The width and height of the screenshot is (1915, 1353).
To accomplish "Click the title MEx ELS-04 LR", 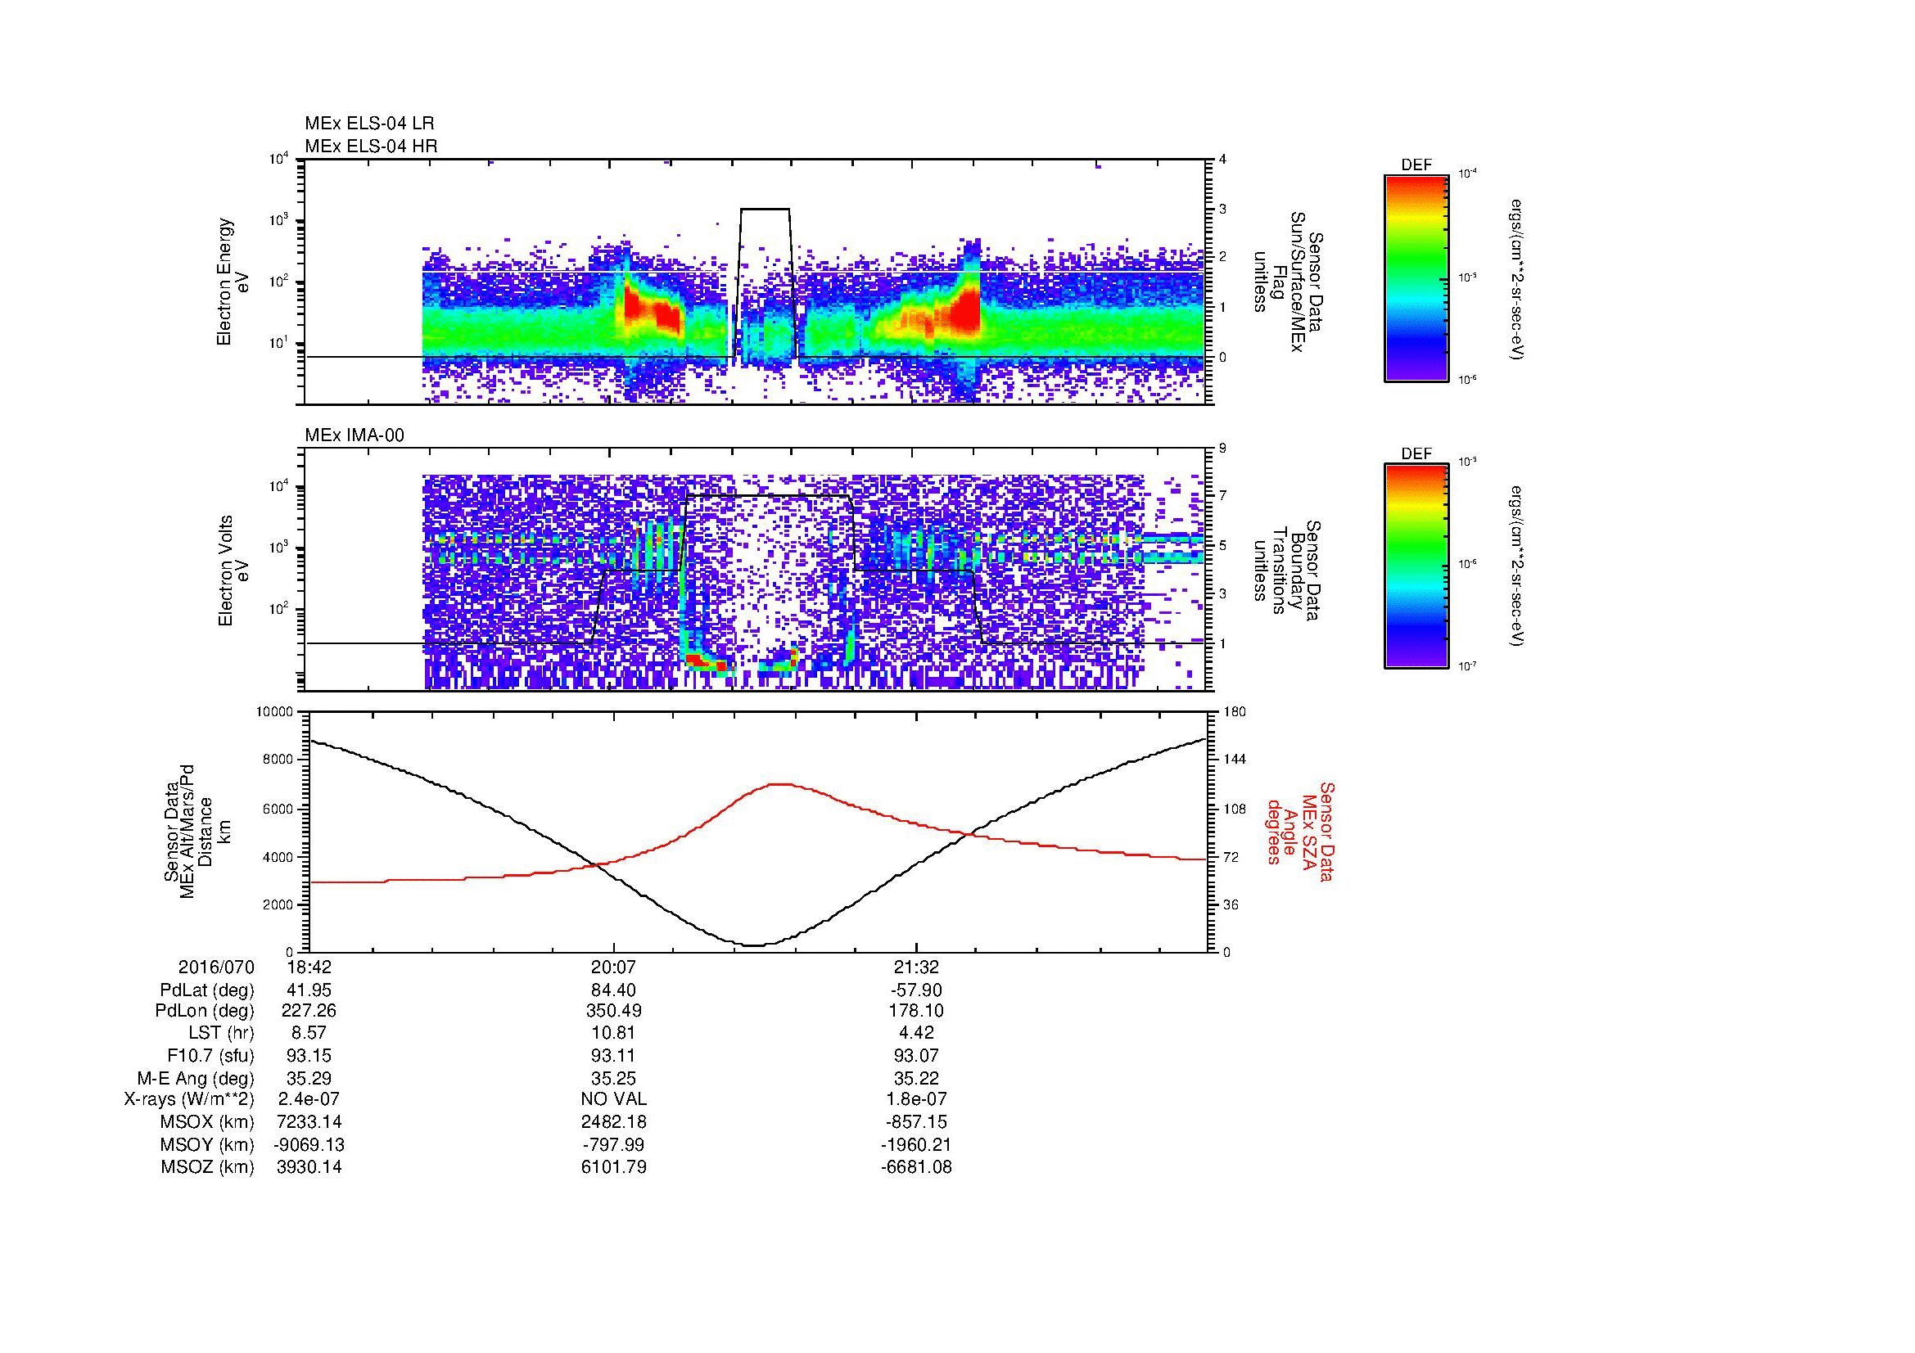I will coord(368,124).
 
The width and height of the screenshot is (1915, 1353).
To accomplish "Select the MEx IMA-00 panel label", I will coord(354,435).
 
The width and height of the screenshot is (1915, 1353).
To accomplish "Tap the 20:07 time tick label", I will coord(614,967).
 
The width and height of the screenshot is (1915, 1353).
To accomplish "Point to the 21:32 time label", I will coord(916,967).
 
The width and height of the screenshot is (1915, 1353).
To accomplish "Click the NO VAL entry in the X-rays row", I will coord(614,1099).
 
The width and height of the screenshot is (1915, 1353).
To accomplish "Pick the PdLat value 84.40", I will coord(614,990).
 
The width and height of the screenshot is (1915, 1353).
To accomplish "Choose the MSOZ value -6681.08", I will coord(916,1167).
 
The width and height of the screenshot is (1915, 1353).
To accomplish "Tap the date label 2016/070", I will coord(216,967).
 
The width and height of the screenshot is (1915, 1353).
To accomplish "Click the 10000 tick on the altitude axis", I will coord(274,712).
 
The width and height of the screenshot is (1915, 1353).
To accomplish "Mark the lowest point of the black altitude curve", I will coord(754,945).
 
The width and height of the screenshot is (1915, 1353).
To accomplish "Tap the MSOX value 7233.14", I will coord(309,1122).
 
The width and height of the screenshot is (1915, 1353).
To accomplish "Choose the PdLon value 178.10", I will coord(916,1011).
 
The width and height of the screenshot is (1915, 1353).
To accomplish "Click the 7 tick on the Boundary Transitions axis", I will coord(1222,496).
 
